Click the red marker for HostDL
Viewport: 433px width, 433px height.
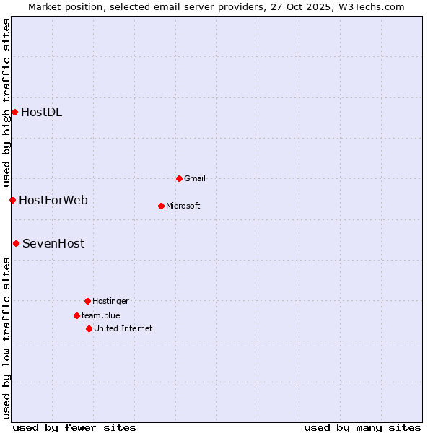14,112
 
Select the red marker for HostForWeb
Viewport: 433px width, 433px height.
12,200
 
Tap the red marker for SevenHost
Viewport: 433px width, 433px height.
16,243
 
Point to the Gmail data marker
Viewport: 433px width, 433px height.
179,178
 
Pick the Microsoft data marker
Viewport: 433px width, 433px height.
161,206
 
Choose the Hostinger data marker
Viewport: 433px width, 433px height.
87,301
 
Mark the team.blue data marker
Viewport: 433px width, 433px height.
76,315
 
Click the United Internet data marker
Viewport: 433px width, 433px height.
89,328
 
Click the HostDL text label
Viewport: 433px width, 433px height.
41,112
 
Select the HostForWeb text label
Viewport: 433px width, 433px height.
53,200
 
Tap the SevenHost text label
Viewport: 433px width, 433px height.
53,243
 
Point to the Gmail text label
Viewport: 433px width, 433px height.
195,178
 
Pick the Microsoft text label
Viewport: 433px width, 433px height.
183,206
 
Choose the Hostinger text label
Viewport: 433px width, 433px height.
110,301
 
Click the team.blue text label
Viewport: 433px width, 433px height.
101,315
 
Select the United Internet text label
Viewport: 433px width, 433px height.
123,328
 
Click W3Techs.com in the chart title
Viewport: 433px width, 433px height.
369,6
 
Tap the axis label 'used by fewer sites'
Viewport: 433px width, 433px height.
74,427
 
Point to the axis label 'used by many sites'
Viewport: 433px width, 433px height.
362,427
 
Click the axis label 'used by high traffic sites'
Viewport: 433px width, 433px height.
6,102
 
